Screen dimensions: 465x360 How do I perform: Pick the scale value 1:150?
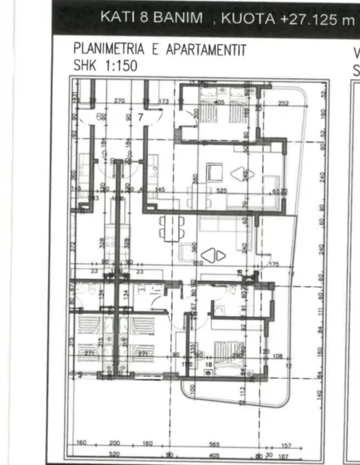click(x=114, y=66)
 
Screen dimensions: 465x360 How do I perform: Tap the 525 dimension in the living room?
click(x=222, y=190)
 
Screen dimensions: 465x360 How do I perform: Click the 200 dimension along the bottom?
click(x=114, y=443)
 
